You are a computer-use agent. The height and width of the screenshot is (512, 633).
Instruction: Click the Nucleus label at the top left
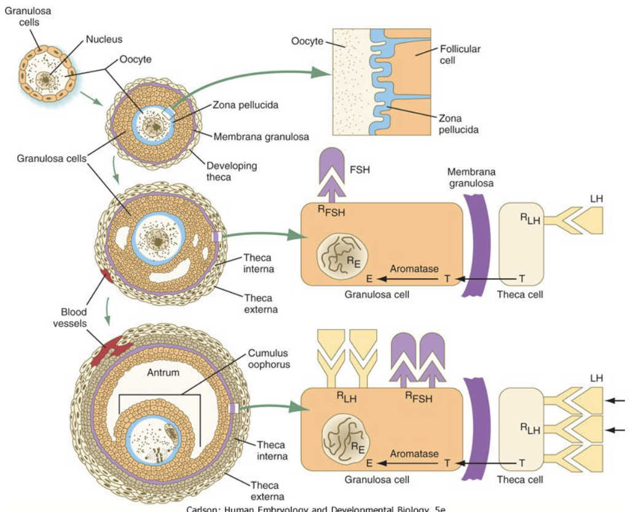(x=104, y=39)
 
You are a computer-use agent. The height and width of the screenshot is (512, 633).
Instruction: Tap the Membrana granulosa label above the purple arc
(x=472, y=177)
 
